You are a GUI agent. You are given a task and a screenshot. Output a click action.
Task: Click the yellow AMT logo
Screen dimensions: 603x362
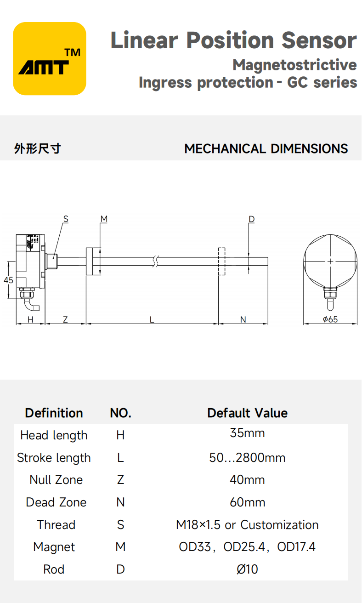pyautogui.click(x=50, y=58)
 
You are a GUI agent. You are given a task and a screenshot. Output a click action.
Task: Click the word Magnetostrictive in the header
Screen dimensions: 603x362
pyautogui.click(x=294, y=65)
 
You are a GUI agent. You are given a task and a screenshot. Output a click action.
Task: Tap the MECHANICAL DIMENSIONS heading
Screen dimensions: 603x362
pyautogui.click(x=266, y=149)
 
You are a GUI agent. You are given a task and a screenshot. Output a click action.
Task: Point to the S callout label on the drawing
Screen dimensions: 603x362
pyautogui.click(x=66, y=219)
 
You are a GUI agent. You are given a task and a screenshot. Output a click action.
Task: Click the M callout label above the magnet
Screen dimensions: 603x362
pyautogui.click(x=104, y=219)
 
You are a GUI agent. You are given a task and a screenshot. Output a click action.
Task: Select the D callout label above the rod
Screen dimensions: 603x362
pyautogui.click(x=252, y=219)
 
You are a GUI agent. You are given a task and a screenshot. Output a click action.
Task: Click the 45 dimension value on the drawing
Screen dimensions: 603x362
pyautogui.click(x=8, y=280)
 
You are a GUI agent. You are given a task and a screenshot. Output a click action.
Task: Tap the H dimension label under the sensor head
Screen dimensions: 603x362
pyautogui.click(x=30, y=319)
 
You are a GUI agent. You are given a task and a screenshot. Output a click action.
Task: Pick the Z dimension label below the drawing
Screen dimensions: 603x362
pyautogui.click(x=65, y=319)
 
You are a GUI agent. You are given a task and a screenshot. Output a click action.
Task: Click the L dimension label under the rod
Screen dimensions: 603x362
pyautogui.click(x=152, y=319)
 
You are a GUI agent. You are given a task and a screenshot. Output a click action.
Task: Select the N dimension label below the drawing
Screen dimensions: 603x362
pyautogui.click(x=243, y=319)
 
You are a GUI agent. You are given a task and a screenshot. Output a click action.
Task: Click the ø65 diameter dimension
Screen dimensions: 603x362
pyautogui.click(x=330, y=319)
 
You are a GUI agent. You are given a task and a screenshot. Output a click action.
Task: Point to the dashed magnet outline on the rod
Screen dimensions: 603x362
pyautogui.click(x=221, y=262)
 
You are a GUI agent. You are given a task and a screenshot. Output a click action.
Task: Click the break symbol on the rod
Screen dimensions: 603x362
pyautogui.click(x=155, y=262)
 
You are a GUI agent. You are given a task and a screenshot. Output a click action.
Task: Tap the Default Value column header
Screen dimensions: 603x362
pyautogui.click(x=247, y=413)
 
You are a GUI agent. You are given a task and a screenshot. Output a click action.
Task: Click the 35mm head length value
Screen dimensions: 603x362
pyautogui.click(x=247, y=433)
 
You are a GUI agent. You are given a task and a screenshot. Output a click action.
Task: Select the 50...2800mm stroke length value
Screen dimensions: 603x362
pyautogui.click(x=247, y=458)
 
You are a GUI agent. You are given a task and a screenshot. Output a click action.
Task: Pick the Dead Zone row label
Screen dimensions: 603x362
pyautogui.click(x=56, y=502)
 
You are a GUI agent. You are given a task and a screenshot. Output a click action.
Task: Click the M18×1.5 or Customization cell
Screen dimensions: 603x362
pyautogui.click(x=247, y=525)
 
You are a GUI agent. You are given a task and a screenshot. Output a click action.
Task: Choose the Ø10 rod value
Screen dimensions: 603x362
pyautogui.click(x=247, y=569)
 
